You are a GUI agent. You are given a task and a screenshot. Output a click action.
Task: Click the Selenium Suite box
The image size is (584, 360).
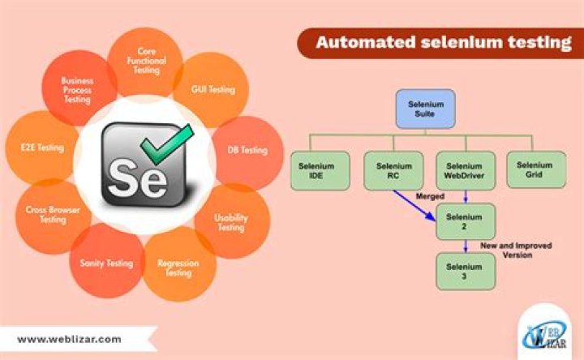(425, 108)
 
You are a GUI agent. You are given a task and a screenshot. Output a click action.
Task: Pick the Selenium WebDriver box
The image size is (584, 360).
(465, 170)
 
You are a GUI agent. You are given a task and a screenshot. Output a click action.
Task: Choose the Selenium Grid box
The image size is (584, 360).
(535, 170)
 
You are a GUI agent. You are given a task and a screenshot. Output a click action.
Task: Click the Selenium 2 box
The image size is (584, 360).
(465, 221)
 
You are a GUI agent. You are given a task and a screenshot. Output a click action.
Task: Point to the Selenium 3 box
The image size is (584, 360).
(465, 271)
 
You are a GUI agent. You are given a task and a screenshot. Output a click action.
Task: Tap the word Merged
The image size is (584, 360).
(430, 196)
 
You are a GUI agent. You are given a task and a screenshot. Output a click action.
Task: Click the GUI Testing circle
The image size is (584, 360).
(213, 89)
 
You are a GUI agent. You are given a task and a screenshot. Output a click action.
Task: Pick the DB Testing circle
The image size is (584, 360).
(246, 151)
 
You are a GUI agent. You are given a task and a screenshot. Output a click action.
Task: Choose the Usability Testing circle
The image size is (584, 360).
(231, 222)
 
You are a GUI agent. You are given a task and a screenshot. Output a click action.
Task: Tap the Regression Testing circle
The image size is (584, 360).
(178, 268)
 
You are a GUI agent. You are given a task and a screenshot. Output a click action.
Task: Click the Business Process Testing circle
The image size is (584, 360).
(77, 89)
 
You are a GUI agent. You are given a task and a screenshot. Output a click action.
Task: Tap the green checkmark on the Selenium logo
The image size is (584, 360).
(165, 143)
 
